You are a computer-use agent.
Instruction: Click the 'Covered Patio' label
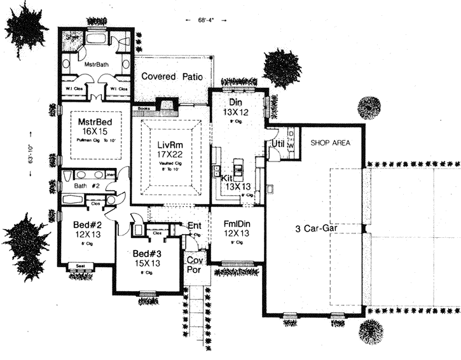[x=172, y=76]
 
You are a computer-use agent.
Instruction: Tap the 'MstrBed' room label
[x=95, y=121]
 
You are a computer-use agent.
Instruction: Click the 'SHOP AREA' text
[x=331, y=143]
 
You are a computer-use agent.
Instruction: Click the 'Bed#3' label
[x=146, y=252]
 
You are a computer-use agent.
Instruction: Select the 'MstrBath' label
[x=98, y=64]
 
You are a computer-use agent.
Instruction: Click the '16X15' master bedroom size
[x=95, y=132]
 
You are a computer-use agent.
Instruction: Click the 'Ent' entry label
[x=194, y=226]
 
